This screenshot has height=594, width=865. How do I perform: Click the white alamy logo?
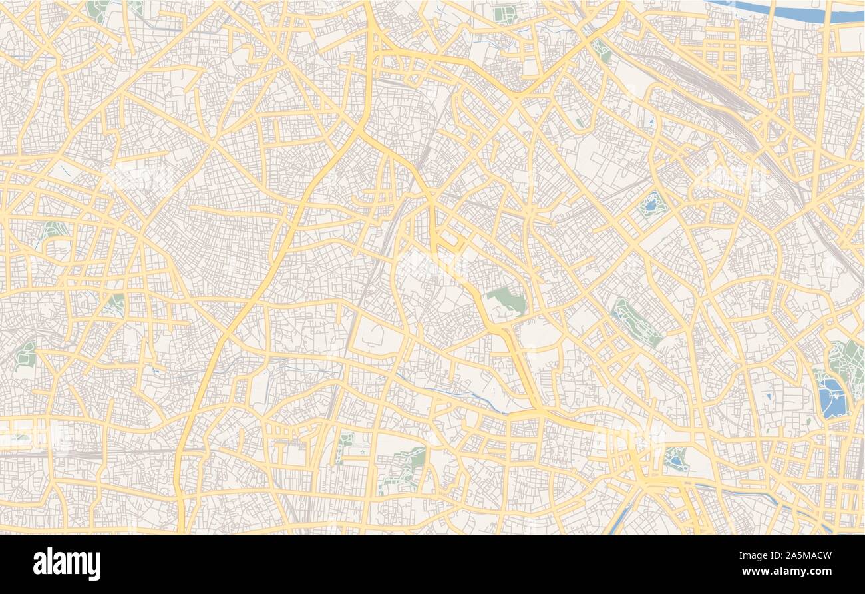[67, 563]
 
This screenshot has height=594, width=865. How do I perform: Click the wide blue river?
[785, 13]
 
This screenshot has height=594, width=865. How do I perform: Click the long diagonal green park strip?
[636, 323]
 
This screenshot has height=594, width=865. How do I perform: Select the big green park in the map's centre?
[508, 301]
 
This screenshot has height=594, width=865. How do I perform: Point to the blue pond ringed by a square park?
[651, 203]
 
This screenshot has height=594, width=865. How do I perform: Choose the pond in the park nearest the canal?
[675, 459]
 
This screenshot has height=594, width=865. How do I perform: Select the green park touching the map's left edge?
[25, 355]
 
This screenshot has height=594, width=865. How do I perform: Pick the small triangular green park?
[116, 303]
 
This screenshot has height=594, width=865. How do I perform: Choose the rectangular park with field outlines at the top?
[504, 14]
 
